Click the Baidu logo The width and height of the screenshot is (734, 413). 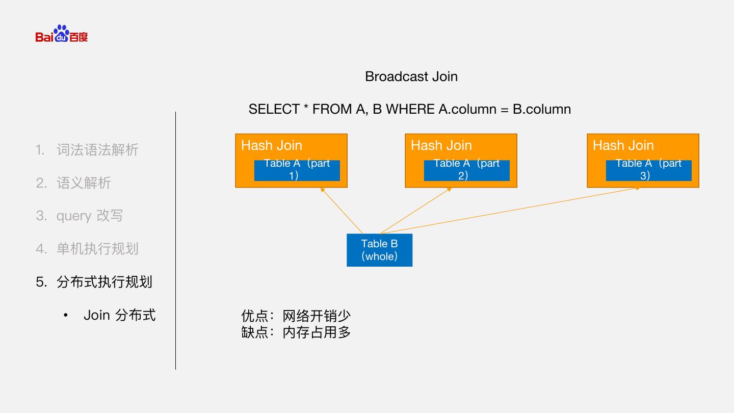(x=62, y=34)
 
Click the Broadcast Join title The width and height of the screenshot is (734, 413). (x=411, y=76)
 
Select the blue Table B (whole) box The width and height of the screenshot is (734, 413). (x=379, y=250)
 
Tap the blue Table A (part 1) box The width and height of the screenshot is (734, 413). (x=297, y=170)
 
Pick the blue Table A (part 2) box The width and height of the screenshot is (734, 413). (x=466, y=170)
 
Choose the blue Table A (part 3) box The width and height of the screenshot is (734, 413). (x=648, y=170)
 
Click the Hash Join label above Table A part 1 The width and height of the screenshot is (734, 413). (x=272, y=145)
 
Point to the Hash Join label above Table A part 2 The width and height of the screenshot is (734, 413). (x=441, y=145)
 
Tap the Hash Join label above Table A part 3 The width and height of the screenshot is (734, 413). (x=623, y=145)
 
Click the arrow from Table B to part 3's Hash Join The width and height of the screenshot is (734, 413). (x=510, y=211)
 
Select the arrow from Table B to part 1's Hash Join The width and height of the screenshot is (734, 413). (x=342, y=210)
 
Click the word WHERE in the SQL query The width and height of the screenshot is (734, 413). (x=410, y=109)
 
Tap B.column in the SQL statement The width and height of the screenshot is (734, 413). (x=541, y=109)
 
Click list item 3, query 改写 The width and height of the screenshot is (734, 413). (x=89, y=216)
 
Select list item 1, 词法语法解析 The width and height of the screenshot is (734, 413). (x=97, y=150)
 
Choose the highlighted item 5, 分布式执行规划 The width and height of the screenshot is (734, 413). (x=104, y=282)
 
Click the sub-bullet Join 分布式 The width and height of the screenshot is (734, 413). (x=119, y=315)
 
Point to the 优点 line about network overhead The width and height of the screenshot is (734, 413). (x=296, y=316)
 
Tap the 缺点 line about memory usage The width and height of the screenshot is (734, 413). (x=296, y=332)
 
